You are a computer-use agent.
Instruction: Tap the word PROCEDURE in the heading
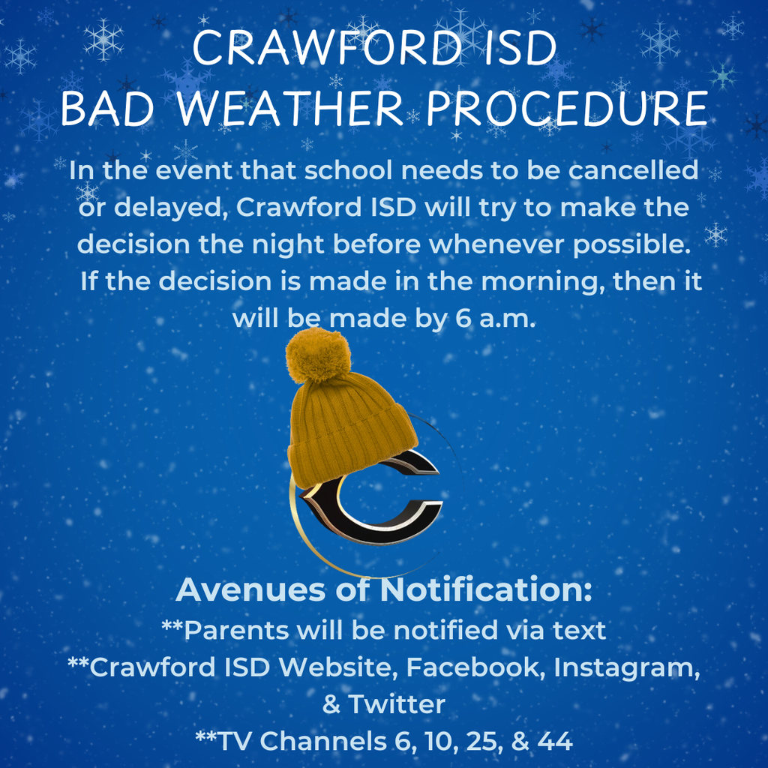click(567, 109)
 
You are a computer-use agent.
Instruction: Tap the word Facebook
click(475, 667)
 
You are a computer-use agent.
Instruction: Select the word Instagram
click(627, 667)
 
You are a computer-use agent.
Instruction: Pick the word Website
click(342, 667)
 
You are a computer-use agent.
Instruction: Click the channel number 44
click(556, 741)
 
